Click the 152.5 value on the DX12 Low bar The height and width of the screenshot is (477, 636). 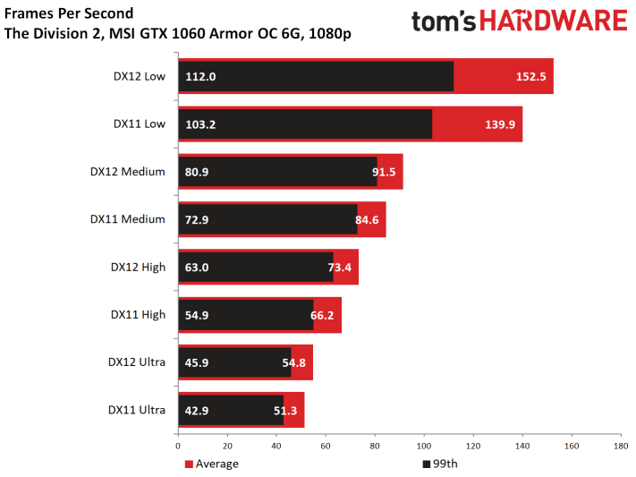click(x=530, y=77)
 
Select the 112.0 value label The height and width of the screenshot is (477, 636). click(x=200, y=77)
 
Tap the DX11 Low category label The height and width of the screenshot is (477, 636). click(x=140, y=124)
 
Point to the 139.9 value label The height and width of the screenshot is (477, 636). click(x=500, y=124)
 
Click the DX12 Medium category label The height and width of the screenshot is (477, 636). click(x=127, y=172)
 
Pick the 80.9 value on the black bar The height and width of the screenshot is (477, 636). click(x=197, y=172)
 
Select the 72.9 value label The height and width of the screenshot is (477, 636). click(x=197, y=219)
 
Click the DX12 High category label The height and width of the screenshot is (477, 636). click(x=138, y=268)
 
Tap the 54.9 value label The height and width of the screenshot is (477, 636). click(x=197, y=315)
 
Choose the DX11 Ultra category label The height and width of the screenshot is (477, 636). click(x=137, y=410)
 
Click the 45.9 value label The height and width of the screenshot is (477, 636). click(x=197, y=362)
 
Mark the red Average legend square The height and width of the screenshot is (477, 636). click(x=189, y=464)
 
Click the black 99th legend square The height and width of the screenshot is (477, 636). click(x=427, y=464)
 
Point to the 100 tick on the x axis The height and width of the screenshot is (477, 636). click(x=424, y=447)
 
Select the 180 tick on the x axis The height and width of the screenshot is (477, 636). click(x=621, y=447)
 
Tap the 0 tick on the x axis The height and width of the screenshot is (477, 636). click(x=178, y=447)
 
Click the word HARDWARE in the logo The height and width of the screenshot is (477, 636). click(x=554, y=21)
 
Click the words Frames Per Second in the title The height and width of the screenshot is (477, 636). click(x=69, y=13)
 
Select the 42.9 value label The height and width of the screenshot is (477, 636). click(x=197, y=411)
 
